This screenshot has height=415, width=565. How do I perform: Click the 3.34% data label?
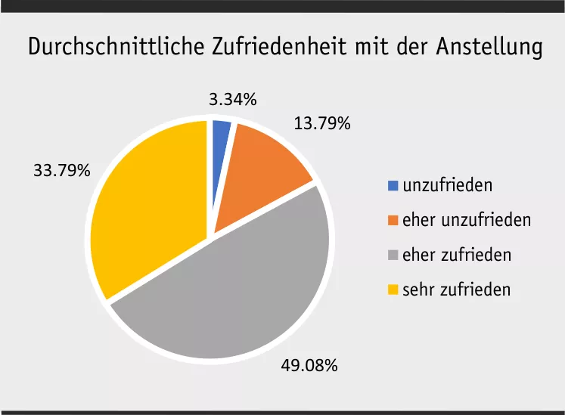tap(232, 99)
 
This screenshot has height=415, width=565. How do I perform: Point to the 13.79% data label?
tap(321, 123)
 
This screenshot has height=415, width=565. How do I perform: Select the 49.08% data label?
tap(309, 366)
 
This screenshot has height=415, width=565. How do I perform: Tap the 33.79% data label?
tap(61, 170)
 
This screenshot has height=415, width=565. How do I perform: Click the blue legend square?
tap(393, 185)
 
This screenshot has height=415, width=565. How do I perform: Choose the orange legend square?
tap(393, 220)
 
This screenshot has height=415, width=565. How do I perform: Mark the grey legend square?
tap(393, 255)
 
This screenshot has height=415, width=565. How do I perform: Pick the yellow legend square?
tap(393, 290)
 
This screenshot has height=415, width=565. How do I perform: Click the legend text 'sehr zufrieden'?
tap(456, 290)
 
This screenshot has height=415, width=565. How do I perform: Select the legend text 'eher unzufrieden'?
tap(466, 220)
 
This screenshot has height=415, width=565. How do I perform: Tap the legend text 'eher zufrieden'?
tap(456, 255)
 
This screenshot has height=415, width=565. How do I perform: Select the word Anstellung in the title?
tap(489, 48)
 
